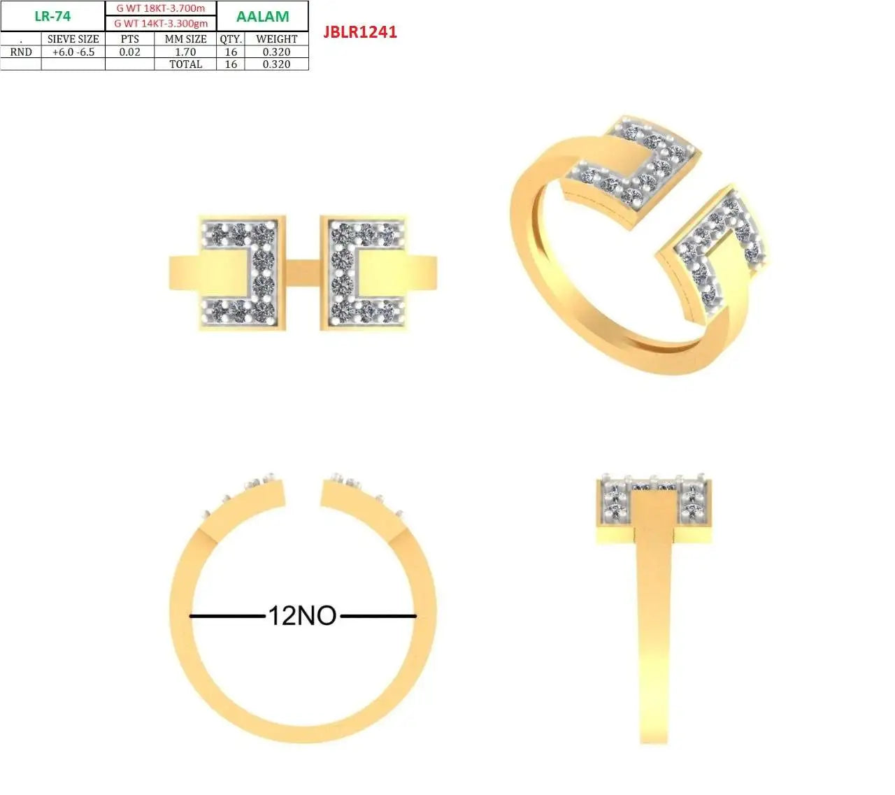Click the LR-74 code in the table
coord(52,16)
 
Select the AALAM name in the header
coord(262,16)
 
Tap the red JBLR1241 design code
coord(360,32)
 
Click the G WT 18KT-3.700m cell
coord(161,8)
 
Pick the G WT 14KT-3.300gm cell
coord(161,23)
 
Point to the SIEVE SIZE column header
coord(73,39)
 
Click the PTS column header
coord(130,39)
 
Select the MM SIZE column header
coord(185,39)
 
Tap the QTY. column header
coord(231,39)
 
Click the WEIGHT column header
coord(276,39)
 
